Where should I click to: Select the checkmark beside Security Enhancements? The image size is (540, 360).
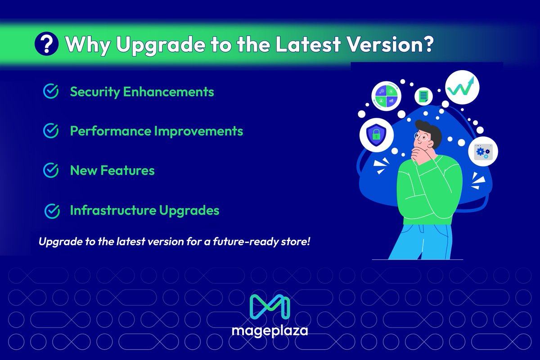[51, 91]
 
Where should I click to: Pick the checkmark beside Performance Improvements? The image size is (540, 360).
[51, 130]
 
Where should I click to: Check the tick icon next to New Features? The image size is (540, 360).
[51, 170]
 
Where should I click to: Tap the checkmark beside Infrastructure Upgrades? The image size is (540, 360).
[53, 210]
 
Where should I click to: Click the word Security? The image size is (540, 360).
[95, 92]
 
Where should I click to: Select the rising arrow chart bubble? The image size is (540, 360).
[462, 87]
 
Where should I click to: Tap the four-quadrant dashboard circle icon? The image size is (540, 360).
[386, 96]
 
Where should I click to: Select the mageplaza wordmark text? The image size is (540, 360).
[270, 332]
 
